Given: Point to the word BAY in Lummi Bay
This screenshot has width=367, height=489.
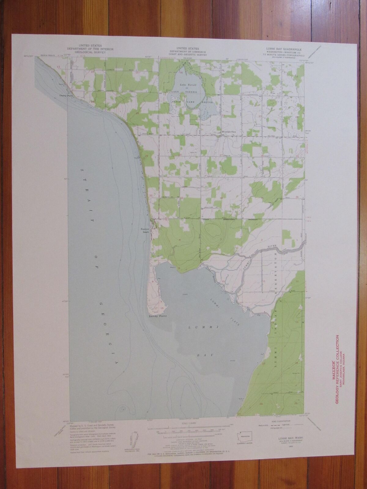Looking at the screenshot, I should click(x=205, y=355).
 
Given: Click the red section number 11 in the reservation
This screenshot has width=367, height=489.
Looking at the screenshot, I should click(x=263, y=281).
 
